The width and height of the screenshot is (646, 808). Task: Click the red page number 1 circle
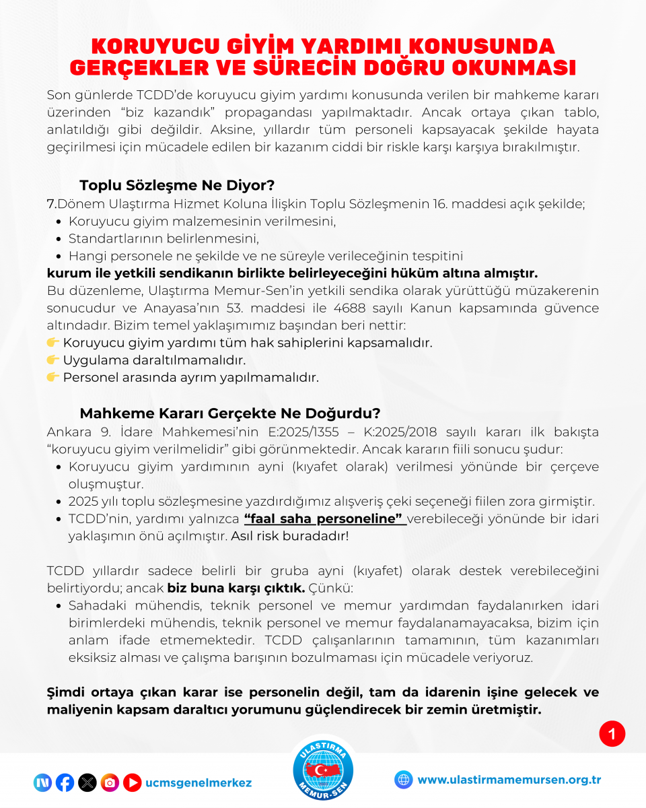[x=612, y=734]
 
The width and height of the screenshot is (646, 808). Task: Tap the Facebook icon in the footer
[x=65, y=782]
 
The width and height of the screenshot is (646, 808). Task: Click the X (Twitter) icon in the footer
[x=87, y=782]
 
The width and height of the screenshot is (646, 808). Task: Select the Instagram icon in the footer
[x=110, y=782]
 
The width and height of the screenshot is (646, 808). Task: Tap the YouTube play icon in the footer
[x=132, y=782]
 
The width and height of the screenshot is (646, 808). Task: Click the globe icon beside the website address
[x=404, y=780]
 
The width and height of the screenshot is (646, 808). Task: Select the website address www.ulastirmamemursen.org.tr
[x=509, y=780]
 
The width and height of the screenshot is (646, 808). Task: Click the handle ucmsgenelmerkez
[x=199, y=782]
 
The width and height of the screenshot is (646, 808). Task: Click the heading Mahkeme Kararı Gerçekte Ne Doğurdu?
[x=230, y=413]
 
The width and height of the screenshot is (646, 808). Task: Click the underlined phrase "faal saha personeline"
[x=324, y=519]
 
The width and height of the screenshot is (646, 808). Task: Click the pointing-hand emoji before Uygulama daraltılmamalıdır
[x=53, y=360]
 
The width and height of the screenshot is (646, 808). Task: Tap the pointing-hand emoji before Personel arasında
[x=53, y=376]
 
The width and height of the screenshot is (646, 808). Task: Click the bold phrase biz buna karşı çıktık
[x=236, y=587]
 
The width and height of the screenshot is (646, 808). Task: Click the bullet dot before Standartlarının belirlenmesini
[x=59, y=239]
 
